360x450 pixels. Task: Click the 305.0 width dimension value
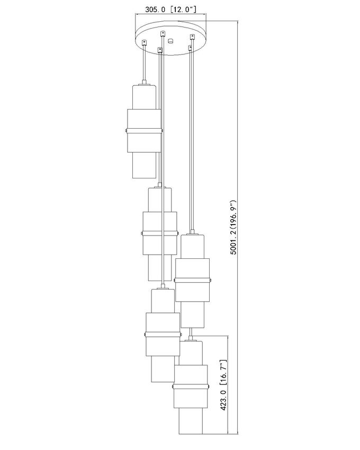[x=155, y=10]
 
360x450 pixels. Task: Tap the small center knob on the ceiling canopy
[x=171, y=41]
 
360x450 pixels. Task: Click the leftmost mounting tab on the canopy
[x=144, y=42]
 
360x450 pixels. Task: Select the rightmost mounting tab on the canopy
[x=192, y=37]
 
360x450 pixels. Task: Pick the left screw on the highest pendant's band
[x=127, y=131]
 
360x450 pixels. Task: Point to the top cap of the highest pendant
[x=144, y=84]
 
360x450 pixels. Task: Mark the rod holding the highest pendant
[x=144, y=64]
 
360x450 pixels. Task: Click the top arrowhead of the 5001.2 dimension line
[x=238, y=23]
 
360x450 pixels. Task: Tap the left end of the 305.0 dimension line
[x=136, y=14]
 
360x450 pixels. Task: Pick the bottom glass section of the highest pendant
[x=145, y=165]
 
